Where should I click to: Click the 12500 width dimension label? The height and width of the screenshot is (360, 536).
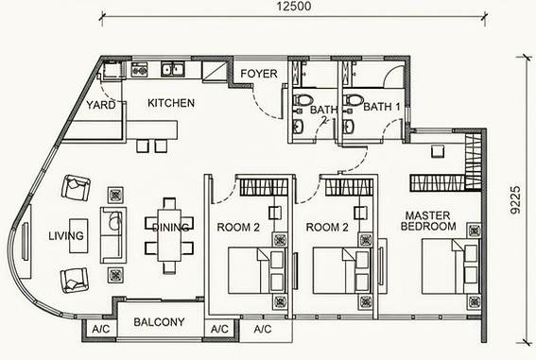pyautogui.click(x=294, y=7)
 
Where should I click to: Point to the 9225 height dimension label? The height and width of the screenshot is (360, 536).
pyautogui.click(x=515, y=199)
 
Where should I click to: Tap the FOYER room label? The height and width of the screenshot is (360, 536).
pyautogui.click(x=259, y=74)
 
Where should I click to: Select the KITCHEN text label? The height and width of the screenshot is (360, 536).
pyautogui.click(x=171, y=103)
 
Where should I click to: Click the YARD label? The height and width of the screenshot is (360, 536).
pyautogui.click(x=101, y=105)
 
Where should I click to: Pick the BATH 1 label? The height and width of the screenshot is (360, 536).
pyautogui.click(x=382, y=107)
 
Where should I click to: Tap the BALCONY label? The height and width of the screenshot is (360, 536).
pyautogui.click(x=159, y=322)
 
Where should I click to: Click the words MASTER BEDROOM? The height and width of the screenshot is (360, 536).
pyautogui.click(x=428, y=221)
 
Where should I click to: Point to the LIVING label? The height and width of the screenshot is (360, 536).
pyautogui.click(x=66, y=235)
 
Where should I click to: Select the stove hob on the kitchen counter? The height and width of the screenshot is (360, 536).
pyautogui.click(x=140, y=69)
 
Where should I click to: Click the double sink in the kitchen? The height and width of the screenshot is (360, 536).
pyautogui.click(x=172, y=69)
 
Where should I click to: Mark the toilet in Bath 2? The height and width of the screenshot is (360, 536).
pyautogui.click(x=303, y=100)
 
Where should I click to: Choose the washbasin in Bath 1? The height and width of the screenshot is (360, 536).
pyautogui.click(x=349, y=127)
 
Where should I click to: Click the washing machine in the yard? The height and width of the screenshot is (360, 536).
pyautogui.click(x=111, y=69)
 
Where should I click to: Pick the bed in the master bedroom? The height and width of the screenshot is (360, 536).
pyautogui.click(x=450, y=266)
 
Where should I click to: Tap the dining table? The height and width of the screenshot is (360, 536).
pyautogui.click(x=169, y=235)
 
